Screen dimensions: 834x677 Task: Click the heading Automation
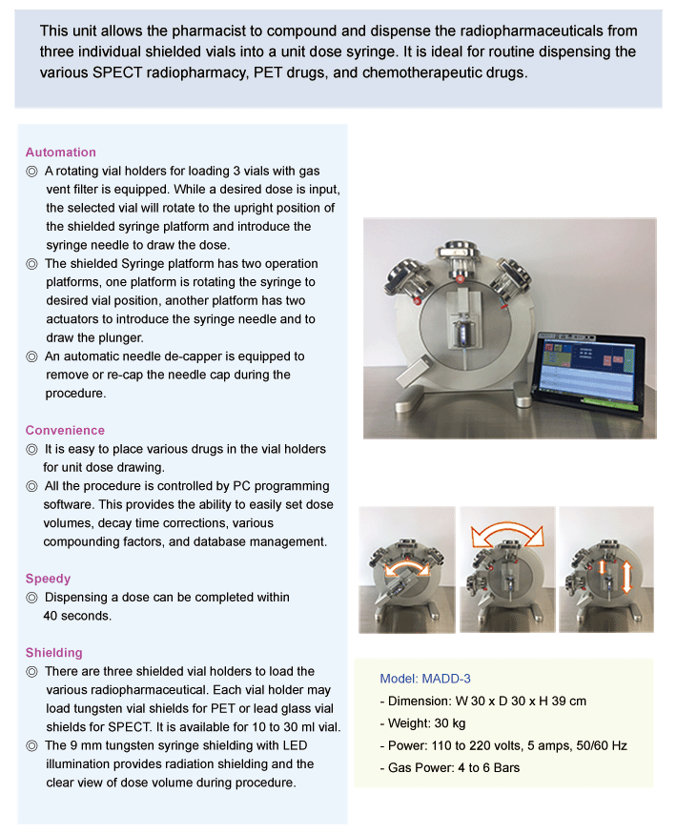[61, 153]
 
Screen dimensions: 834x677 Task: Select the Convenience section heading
[65, 431]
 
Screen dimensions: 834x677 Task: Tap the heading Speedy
[48, 579]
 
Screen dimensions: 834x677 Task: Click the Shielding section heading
[54, 653]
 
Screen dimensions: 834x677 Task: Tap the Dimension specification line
[482, 702]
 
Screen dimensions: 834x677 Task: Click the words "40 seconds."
[77, 616]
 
